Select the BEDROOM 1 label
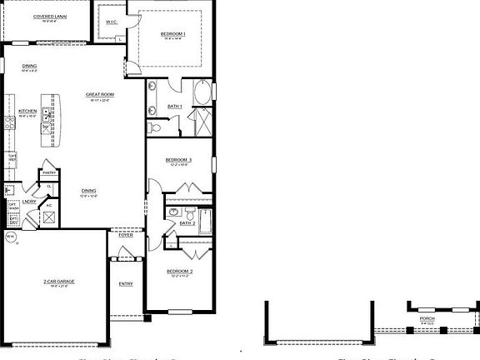pos(172,33)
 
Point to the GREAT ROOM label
pos(100,95)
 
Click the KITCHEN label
pos(27,111)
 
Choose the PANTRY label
pos(49,172)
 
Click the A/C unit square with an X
pos(49,217)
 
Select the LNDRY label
pos(29,201)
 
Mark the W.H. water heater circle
pos(11,237)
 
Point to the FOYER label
pos(126,235)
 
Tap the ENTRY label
pos(126,284)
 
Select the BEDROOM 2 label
pos(179,272)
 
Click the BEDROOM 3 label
pos(178,160)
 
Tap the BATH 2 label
pos(187,223)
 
